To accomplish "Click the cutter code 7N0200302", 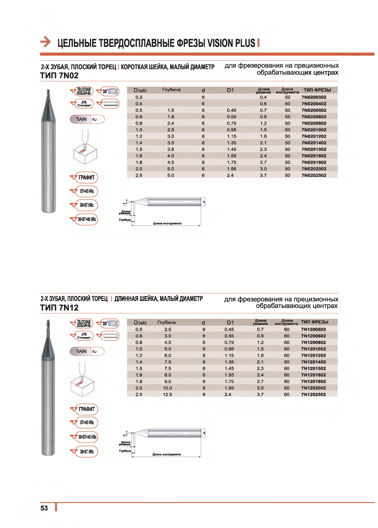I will click(314, 97).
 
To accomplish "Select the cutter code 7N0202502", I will click(314, 175).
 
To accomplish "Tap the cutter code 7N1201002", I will click(313, 349).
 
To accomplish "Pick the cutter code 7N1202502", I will click(313, 395).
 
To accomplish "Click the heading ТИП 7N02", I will click(59, 76).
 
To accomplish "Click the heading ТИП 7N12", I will click(59, 308).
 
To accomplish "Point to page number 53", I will click(44, 508).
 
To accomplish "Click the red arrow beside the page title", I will click(45, 42).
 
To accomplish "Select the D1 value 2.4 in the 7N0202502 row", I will click(230, 175).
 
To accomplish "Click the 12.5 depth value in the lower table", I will click(167, 395).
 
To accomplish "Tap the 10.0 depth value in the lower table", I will click(167, 388).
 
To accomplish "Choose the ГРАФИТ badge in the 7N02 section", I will click(86, 177).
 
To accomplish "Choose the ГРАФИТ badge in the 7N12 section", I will click(86, 409).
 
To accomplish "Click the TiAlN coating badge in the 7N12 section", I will click(81, 352).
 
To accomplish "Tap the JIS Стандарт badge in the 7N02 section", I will click(84, 104).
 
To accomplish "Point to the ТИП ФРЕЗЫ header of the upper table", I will click(317, 90).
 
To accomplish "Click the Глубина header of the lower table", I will click(166, 322).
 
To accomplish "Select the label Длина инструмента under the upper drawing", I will click(167, 223).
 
